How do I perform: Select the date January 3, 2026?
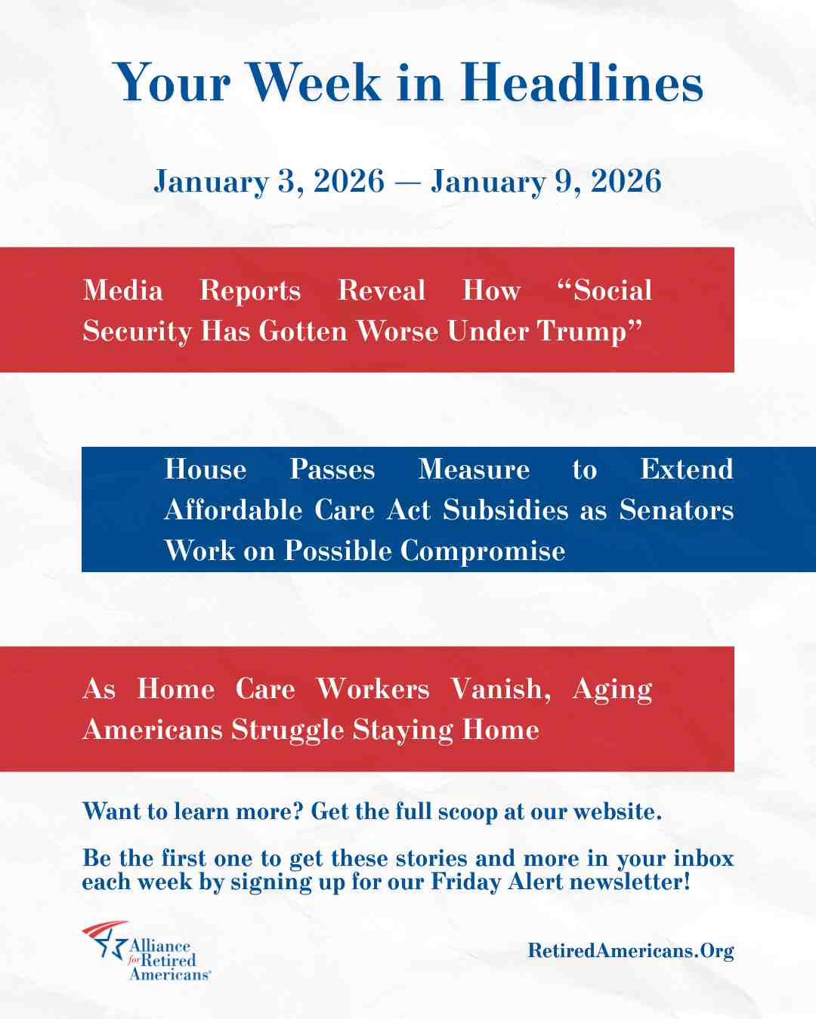coord(269,181)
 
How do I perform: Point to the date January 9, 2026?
coord(546,181)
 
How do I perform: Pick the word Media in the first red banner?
coord(122,291)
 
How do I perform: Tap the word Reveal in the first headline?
coord(382,291)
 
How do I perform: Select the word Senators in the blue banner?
coord(676,510)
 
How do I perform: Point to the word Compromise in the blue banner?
coord(483,551)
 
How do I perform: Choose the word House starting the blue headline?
coord(206,469)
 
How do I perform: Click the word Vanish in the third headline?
coord(499,689)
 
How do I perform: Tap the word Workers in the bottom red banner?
coord(372,689)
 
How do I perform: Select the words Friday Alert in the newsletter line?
coord(497,882)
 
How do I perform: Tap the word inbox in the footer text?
coord(703,858)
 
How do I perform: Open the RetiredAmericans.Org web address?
coord(630,950)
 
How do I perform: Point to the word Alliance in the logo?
coord(159,946)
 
